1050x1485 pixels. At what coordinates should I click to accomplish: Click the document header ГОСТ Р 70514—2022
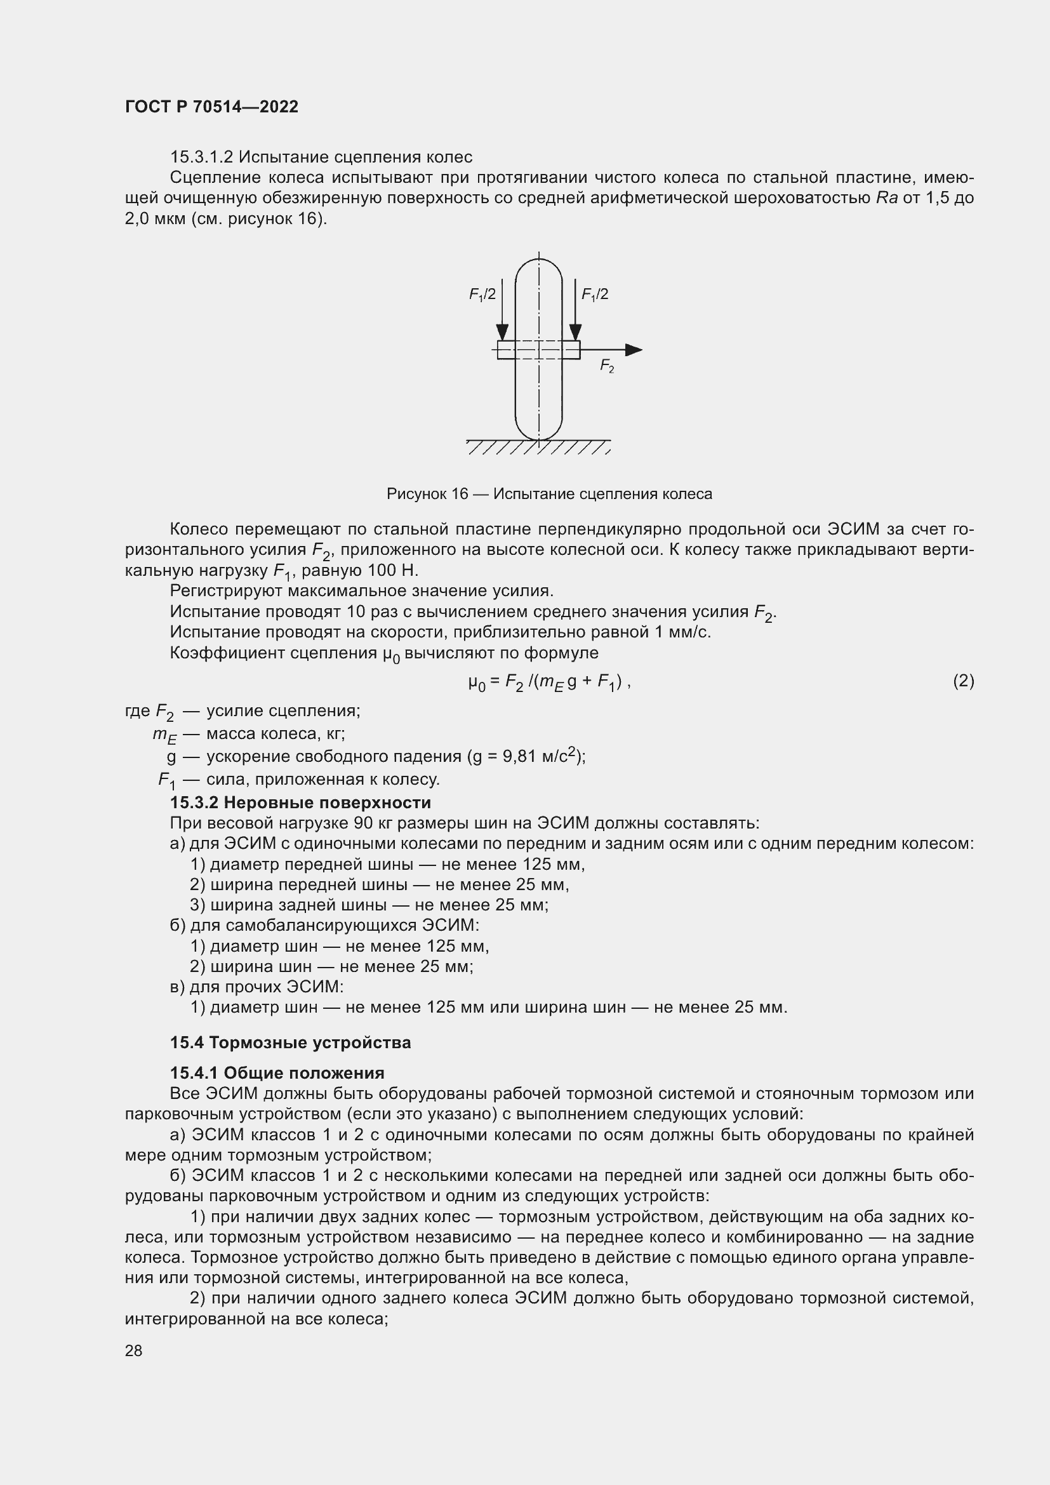pyautogui.click(x=211, y=107)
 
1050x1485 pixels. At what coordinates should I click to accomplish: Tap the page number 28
pyautogui.click(x=133, y=1350)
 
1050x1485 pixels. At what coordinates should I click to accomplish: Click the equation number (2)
pyautogui.click(x=964, y=681)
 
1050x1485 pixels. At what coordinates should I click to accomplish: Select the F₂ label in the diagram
pyautogui.click(x=606, y=367)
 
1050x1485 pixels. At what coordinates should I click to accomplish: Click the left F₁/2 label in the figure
pyautogui.click(x=482, y=295)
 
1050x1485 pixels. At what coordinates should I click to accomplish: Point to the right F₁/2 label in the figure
pyautogui.click(x=594, y=295)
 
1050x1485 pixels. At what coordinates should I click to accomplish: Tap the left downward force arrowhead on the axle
pyautogui.click(x=502, y=333)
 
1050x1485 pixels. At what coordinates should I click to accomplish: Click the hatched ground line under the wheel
pyautogui.click(x=538, y=447)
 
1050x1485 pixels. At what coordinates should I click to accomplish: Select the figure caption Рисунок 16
pyautogui.click(x=549, y=494)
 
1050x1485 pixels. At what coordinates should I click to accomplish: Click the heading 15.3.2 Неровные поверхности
pyautogui.click(x=300, y=802)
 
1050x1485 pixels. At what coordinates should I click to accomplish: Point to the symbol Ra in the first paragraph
pyautogui.click(x=886, y=198)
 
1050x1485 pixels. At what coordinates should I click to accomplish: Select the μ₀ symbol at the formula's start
pyautogui.click(x=477, y=682)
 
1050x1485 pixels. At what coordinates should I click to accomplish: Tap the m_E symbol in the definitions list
pyautogui.click(x=165, y=735)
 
